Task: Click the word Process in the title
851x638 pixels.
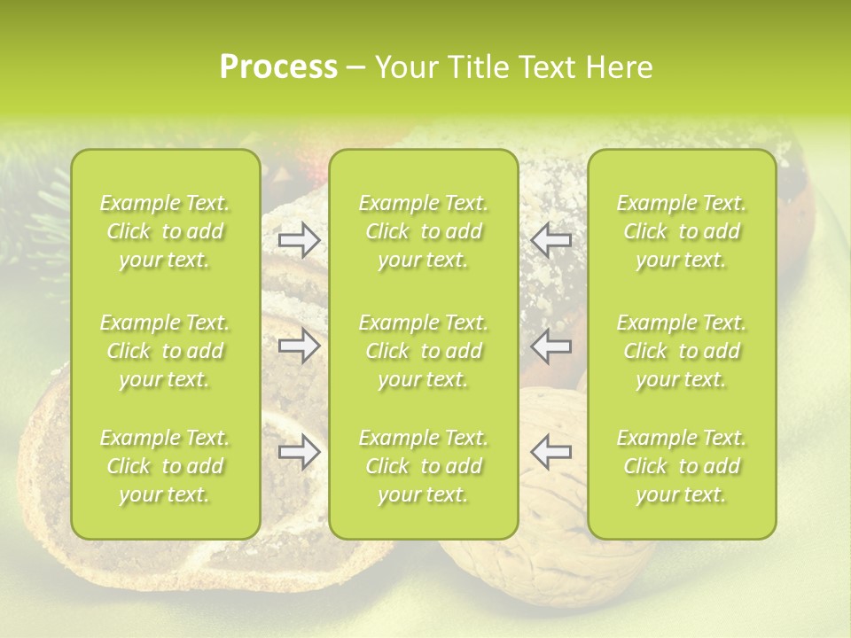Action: (x=278, y=67)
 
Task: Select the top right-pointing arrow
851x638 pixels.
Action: (x=300, y=239)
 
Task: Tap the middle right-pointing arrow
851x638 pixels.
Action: (x=300, y=346)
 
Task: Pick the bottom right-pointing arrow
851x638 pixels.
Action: (x=300, y=452)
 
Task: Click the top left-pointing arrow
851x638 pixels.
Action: (x=551, y=239)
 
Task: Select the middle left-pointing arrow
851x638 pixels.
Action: (x=551, y=346)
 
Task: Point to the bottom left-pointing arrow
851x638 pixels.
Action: (x=551, y=452)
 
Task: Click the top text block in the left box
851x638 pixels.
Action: (x=165, y=231)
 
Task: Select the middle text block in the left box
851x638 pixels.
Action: (x=165, y=351)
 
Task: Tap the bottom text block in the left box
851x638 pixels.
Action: (x=165, y=466)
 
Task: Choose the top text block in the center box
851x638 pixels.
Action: (x=424, y=231)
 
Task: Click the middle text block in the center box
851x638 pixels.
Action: (x=424, y=351)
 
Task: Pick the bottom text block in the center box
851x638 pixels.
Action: (x=424, y=466)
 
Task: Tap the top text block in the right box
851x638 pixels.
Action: (x=682, y=231)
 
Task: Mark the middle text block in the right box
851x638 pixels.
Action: (x=682, y=351)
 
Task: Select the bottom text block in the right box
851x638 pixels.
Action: (x=682, y=466)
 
